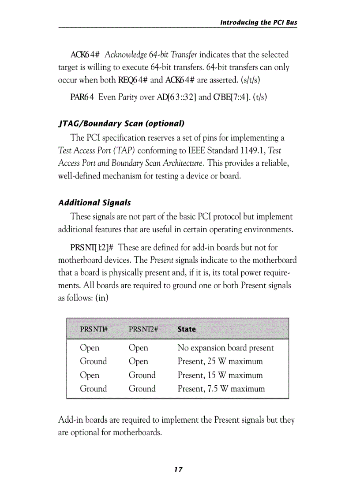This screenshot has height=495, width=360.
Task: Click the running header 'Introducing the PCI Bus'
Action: (x=259, y=22)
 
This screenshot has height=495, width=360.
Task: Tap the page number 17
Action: (x=178, y=469)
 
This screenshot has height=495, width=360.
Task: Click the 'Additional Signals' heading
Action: (x=94, y=203)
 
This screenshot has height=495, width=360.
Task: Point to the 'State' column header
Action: (x=187, y=329)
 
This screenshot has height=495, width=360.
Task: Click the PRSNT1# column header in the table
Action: (x=94, y=329)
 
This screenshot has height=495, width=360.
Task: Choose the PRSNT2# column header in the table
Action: (x=143, y=329)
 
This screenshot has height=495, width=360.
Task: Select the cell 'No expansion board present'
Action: (x=225, y=348)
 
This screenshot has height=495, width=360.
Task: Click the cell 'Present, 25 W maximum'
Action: (x=220, y=361)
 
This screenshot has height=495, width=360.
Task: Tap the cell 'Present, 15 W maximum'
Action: (x=220, y=375)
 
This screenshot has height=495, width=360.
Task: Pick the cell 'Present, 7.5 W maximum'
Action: (x=221, y=389)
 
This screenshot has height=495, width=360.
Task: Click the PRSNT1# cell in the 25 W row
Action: (x=93, y=361)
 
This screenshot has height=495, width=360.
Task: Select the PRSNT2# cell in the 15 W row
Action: (x=142, y=375)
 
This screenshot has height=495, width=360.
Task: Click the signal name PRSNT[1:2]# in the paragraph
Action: (x=92, y=248)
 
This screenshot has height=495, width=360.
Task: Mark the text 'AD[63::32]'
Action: (x=177, y=97)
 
